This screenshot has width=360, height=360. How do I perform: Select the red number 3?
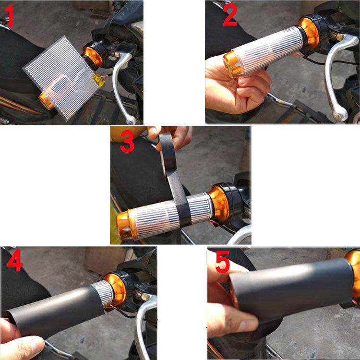tap(127, 144)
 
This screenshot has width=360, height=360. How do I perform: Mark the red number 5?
tap(222, 263)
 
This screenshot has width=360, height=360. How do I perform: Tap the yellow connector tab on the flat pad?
tap(99, 80)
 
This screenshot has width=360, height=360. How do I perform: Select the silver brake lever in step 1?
tap(124, 82)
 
